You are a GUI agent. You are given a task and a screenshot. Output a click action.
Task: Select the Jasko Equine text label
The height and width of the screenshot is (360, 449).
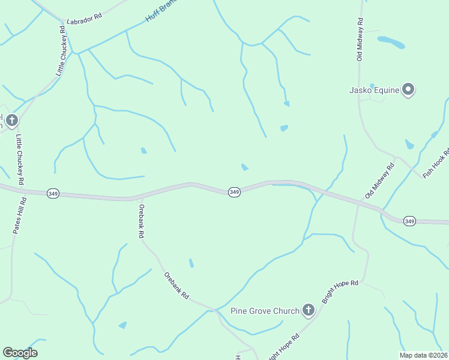[x=375, y=91]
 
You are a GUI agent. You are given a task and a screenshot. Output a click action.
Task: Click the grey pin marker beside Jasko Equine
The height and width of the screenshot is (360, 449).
[x=409, y=90]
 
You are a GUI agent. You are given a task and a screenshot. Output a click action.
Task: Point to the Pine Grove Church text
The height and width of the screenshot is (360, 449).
[x=265, y=311]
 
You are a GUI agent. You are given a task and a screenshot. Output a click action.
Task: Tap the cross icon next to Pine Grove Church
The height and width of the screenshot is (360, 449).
[x=308, y=310]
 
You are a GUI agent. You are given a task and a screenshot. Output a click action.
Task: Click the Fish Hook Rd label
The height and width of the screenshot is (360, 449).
[x=436, y=163]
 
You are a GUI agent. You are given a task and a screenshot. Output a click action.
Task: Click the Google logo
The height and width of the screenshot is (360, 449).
[x=20, y=352]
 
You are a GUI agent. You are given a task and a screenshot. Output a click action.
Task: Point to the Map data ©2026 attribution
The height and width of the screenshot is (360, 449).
[x=424, y=355]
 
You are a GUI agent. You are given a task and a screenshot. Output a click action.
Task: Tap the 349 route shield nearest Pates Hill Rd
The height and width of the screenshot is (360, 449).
[x=53, y=194]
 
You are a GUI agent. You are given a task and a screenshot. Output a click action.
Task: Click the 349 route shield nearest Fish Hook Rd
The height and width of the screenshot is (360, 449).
[x=409, y=221]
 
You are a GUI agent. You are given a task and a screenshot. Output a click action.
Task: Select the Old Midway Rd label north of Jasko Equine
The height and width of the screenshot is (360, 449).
[x=360, y=40]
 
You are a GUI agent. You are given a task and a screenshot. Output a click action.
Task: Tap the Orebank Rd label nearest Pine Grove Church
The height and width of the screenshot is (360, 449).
[x=176, y=286]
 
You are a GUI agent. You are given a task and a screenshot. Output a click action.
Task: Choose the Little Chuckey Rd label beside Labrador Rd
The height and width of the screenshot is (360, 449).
[x=61, y=50]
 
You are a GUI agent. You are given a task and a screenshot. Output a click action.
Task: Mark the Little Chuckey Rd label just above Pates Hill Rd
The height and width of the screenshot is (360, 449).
[x=19, y=159]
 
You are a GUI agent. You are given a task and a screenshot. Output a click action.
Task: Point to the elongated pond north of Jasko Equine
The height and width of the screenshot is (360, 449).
[x=391, y=42]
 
